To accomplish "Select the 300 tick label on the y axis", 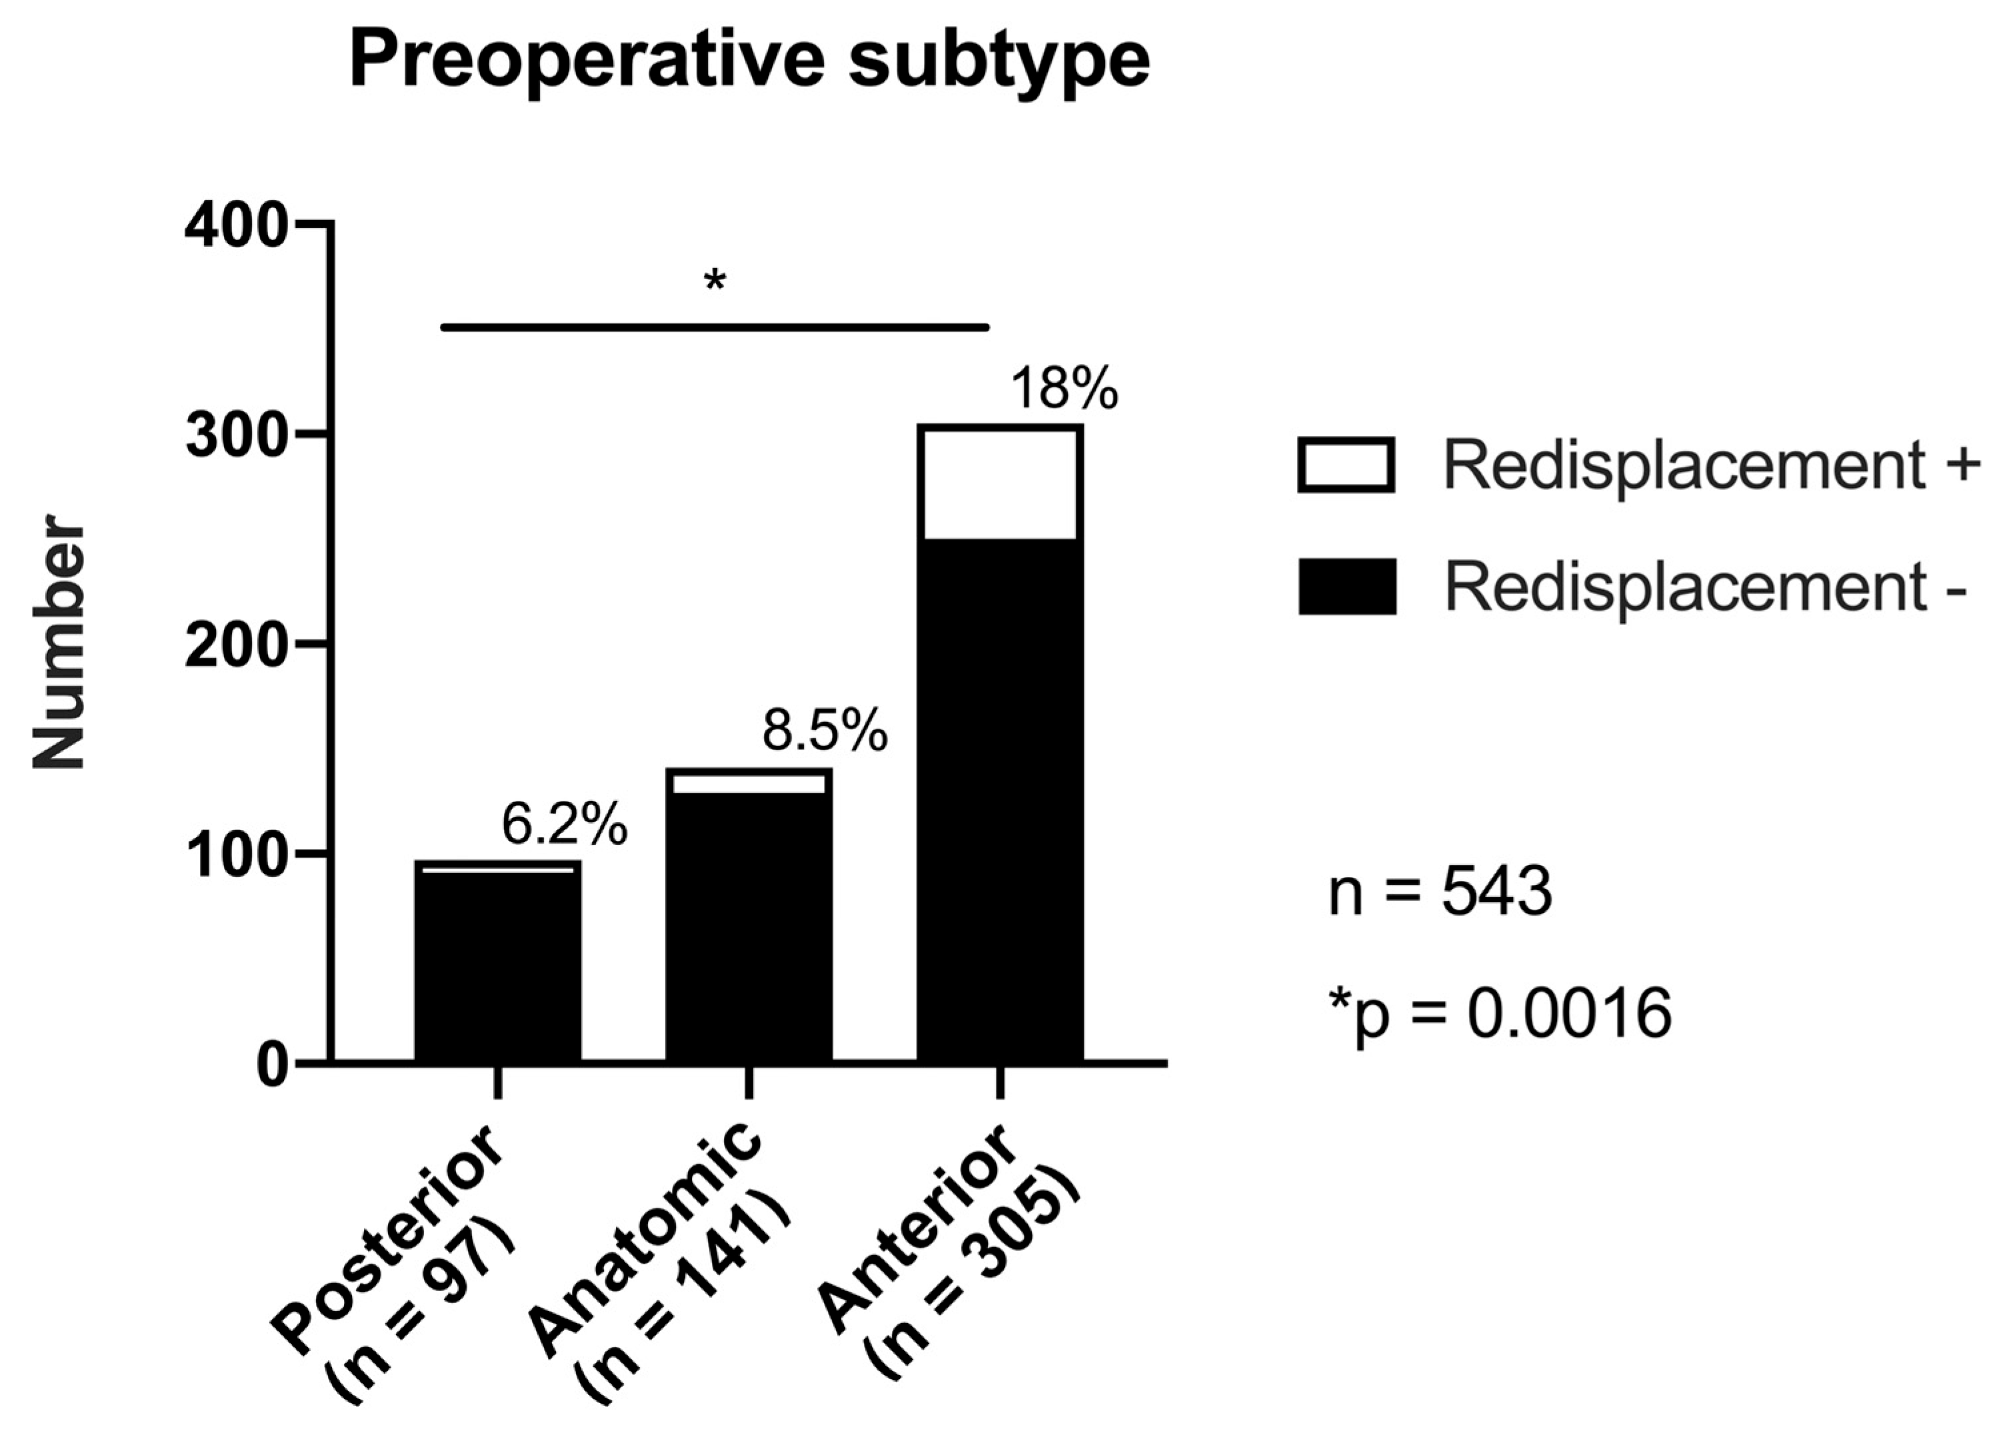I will pyautogui.click(x=236, y=437).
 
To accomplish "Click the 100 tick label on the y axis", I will pyautogui.click(x=236, y=856).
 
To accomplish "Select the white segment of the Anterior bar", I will pyautogui.click(x=999, y=483).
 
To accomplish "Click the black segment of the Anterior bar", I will pyautogui.click(x=999, y=796).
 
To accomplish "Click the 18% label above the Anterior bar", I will pyautogui.click(x=1064, y=389).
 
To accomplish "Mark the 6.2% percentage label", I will pyautogui.click(x=565, y=824).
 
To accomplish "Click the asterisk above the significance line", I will pyautogui.click(x=714, y=283).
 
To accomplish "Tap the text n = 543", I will pyautogui.click(x=1440, y=892).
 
